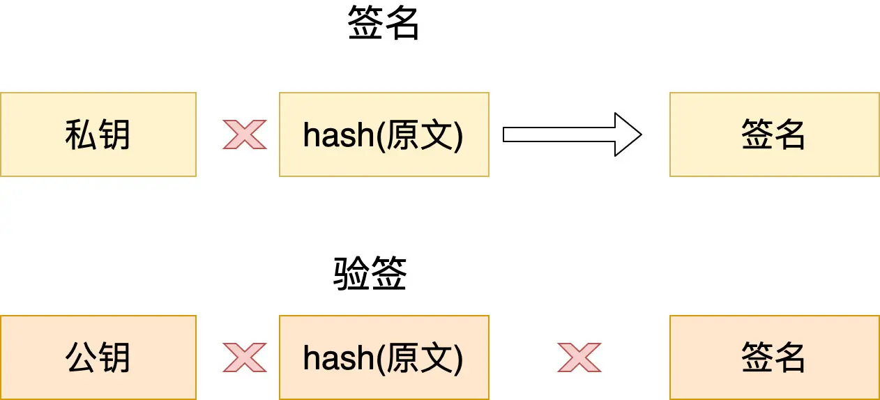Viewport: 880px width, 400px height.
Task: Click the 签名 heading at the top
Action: [x=384, y=25]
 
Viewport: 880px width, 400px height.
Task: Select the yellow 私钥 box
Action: [x=98, y=134]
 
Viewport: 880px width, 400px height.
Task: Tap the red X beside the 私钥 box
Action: [x=244, y=134]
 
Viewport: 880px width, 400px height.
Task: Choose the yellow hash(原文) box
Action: [x=384, y=134]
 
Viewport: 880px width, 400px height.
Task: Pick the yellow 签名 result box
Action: [x=774, y=134]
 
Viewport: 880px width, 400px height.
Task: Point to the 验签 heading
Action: [x=370, y=275]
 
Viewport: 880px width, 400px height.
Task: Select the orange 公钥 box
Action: [x=98, y=357]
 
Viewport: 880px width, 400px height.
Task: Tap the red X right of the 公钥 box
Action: [x=244, y=357]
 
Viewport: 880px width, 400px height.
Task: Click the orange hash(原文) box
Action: [x=384, y=357]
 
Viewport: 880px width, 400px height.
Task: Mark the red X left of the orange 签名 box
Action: [x=579, y=357]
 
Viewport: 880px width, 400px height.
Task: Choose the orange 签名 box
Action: [x=774, y=357]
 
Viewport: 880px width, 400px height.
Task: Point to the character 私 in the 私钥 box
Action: [x=81, y=134]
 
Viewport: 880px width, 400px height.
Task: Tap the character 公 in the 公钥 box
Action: [x=81, y=357]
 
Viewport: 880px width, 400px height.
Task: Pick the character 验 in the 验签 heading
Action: [x=351, y=275]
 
